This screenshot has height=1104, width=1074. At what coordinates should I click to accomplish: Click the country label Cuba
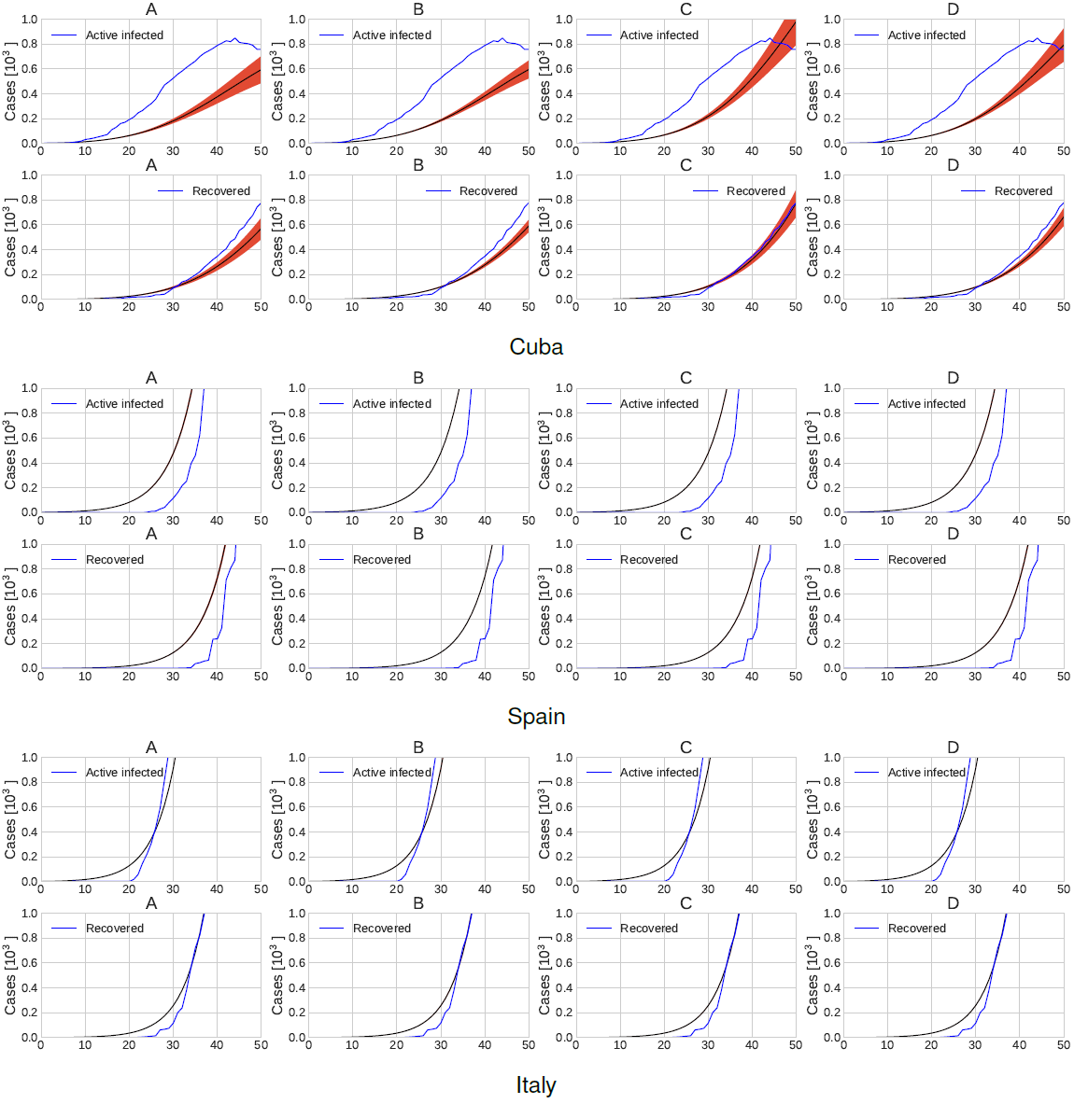(536, 347)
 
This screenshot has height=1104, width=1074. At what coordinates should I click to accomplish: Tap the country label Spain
(536, 717)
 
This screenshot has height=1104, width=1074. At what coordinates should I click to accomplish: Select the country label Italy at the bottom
(536, 1085)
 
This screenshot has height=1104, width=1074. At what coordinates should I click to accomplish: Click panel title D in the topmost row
(953, 9)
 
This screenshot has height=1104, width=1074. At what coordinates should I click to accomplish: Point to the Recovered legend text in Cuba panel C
(756, 191)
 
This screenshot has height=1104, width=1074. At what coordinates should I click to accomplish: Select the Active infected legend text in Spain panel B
(392, 404)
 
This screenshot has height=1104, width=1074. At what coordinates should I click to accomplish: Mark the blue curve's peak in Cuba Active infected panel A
(234, 39)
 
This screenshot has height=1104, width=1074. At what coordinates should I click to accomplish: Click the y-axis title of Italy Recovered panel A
(10, 979)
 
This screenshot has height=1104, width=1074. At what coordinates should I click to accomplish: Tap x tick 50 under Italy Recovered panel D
(1063, 1045)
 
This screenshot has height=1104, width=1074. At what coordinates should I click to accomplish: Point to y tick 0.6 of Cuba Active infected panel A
(29, 69)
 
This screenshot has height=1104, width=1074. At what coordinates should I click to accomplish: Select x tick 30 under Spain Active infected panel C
(708, 521)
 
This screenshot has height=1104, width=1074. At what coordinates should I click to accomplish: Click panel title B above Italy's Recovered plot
(418, 903)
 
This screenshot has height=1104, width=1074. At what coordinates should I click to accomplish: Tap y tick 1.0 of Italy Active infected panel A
(29, 758)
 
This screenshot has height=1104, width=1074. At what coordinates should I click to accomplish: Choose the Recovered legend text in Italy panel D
(916, 929)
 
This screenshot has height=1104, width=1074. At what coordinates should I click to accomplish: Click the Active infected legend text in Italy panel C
(659, 773)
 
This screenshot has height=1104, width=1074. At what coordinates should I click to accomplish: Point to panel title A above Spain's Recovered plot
(151, 535)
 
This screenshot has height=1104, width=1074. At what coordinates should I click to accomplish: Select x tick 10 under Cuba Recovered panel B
(352, 307)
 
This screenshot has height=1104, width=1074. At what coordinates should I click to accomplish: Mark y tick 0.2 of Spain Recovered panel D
(831, 644)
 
